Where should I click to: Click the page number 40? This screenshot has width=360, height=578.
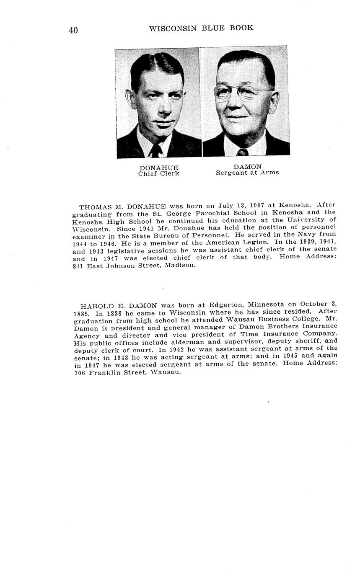pyautogui.click(x=73, y=30)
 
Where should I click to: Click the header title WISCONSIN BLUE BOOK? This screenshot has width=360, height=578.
pyautogui.click(x=201, y=28)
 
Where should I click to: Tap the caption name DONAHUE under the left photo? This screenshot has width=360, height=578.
pyautogui.click(x=159, y=168)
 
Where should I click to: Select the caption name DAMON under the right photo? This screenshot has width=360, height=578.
pyautogui.click(x=247, y=167)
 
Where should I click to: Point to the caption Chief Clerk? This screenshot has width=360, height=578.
pyautogui.click(x=159, y=173)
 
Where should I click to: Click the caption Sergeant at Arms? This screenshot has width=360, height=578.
pyautogui.click(x=247, y=173)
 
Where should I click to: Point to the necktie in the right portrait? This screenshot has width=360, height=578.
pyautogui.click(x=242, y=152)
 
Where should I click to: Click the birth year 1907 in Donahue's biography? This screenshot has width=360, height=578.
pyautogui.click(x=259, y=205)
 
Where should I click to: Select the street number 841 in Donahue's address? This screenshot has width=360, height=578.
pyautogui.click(x=78, y=266)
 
